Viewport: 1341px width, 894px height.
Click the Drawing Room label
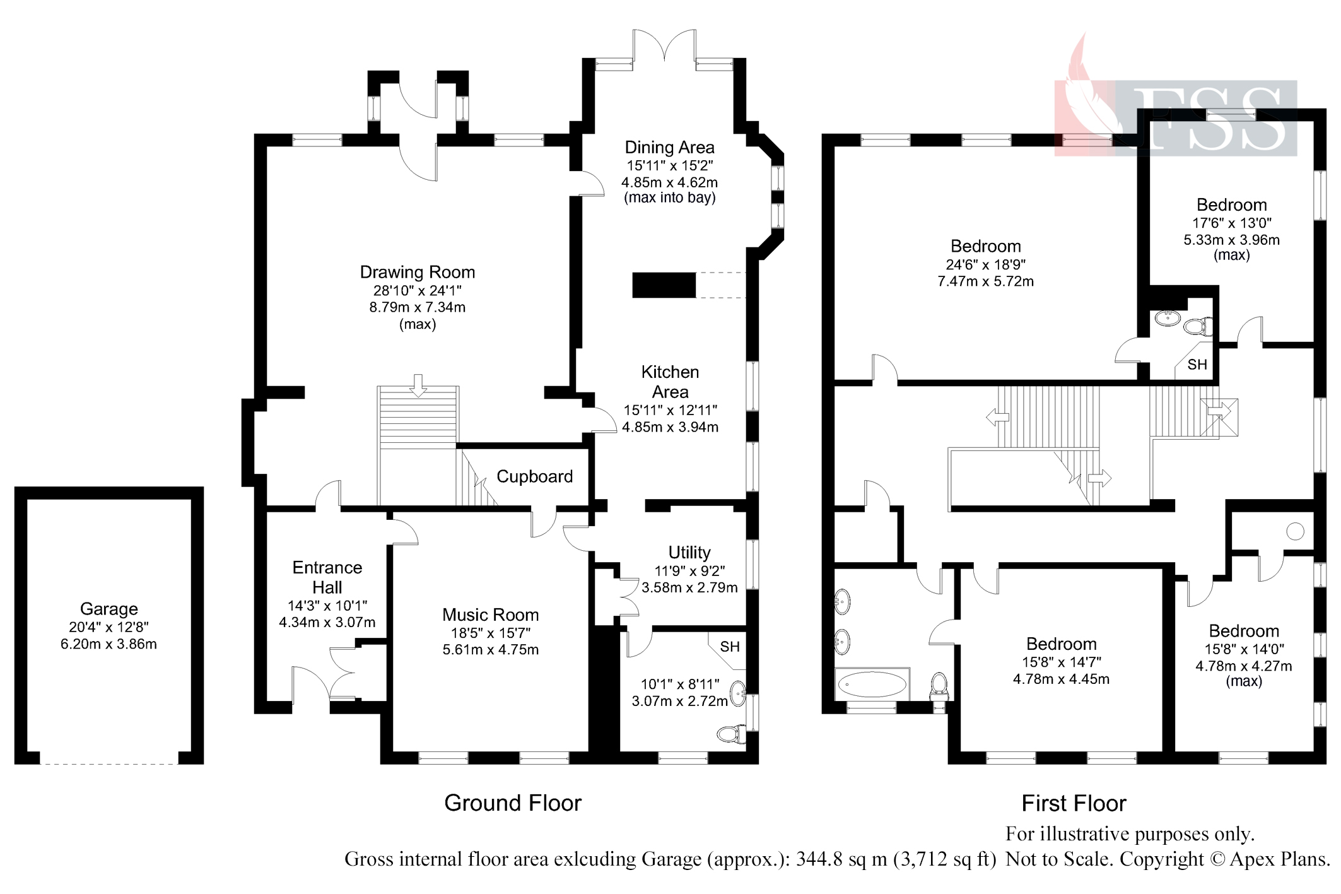pos(417,273)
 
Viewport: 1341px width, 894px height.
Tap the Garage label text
pos(108,609)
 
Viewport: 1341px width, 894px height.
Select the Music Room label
pos(490,615)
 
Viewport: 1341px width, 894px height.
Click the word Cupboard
pos(534,476)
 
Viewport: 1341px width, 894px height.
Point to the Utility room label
pos(689,553)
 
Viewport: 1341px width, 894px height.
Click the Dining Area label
pos(669,148)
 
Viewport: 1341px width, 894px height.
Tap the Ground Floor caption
pos(512,803)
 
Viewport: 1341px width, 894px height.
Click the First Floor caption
pos(1074,803)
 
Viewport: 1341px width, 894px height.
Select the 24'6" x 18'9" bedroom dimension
pos(985,264)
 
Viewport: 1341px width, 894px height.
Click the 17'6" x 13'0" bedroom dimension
pos(1231,223)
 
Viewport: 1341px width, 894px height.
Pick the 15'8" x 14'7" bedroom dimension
pos(1061,662)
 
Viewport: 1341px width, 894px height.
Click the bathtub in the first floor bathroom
pos(871,684)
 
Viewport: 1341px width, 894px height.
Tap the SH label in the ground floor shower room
pos(730,647)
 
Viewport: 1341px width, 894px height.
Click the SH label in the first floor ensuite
pos(1197,365)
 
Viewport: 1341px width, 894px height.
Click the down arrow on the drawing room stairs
pos(418,385)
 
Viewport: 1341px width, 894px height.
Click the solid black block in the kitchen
pos(664,285)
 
